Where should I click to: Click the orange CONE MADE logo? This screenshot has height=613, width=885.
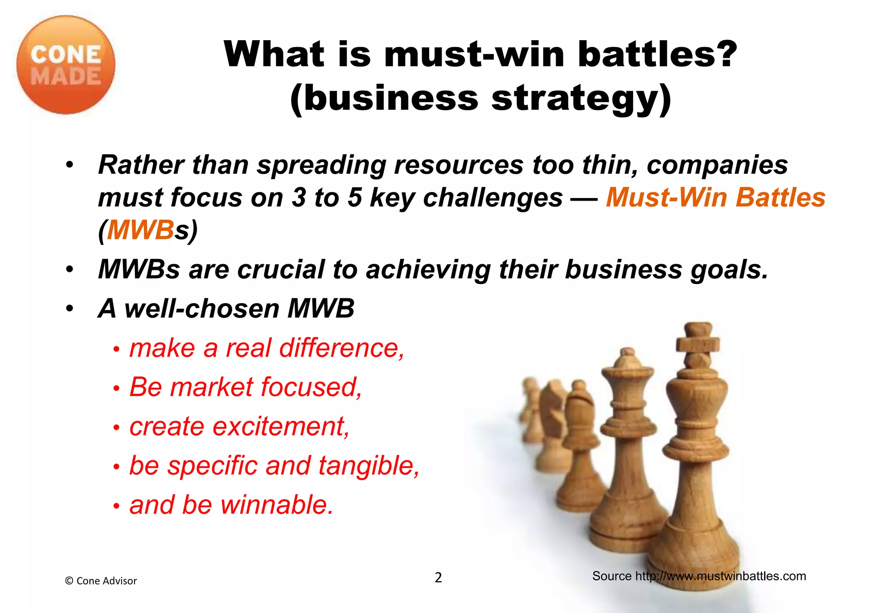66,65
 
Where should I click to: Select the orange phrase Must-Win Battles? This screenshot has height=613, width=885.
716,197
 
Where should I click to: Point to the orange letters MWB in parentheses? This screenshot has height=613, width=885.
140,230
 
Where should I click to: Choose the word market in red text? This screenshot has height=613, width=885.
211,387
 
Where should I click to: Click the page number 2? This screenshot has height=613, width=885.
438,578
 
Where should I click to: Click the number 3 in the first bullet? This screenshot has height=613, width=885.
299,198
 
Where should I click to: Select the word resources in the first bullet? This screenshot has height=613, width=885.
458,165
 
